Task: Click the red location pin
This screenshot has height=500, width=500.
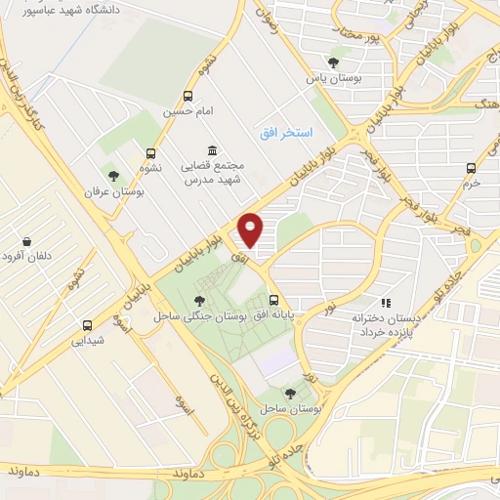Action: click(x=252, y=230)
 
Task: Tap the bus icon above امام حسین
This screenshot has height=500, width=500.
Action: click(x=188, y=96)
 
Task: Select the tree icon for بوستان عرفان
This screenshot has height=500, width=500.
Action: click(x=114, y=176)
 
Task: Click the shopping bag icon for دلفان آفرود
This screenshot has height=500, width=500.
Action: click(x=25, y=241)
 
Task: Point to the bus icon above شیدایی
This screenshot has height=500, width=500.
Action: click(x=87, y=325)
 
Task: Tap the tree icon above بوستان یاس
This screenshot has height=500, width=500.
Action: click(x=334, y=62)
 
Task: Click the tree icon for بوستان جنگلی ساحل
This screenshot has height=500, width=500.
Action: click(x=200, y=301)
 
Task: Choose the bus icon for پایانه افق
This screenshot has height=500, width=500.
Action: click(x=273, y=301)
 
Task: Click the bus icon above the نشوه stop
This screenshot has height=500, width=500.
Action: click(x=150, y=153)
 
